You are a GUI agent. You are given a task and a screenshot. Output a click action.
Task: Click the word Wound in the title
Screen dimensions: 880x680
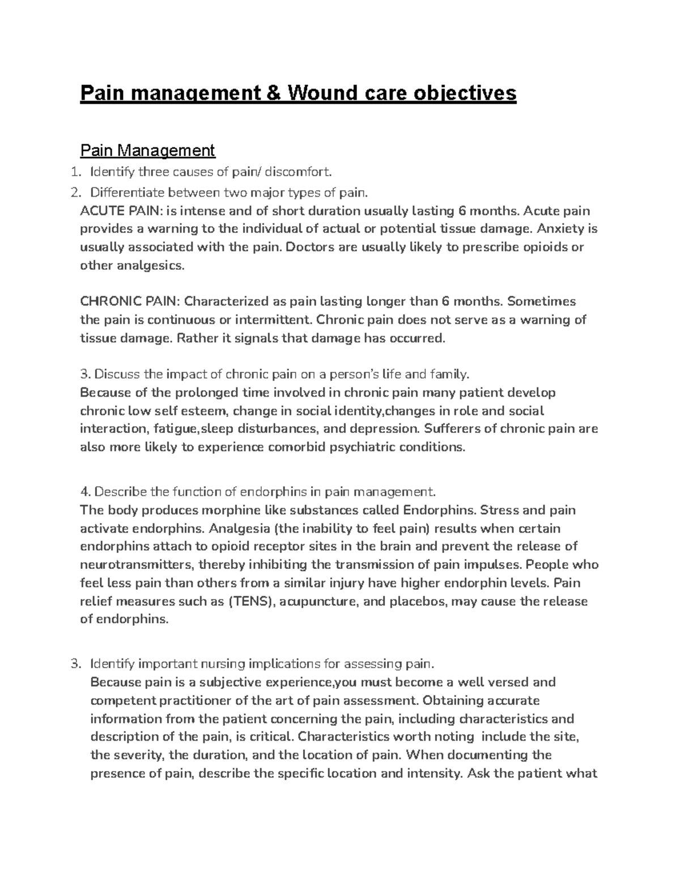click(x=322, y=92)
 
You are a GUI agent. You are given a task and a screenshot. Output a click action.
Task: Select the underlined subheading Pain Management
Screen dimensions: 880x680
click(x=147, y=150)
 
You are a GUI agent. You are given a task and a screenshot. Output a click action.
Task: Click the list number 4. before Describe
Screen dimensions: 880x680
click(x=86, y=491)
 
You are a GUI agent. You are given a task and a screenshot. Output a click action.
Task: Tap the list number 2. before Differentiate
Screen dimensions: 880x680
click(x=75, y=193)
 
